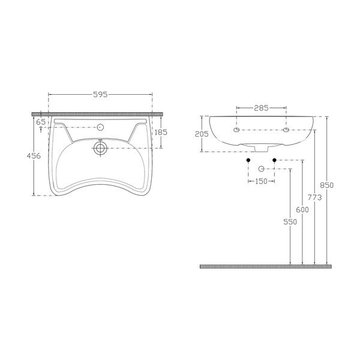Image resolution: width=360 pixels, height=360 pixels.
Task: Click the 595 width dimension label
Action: (x=100, y=95)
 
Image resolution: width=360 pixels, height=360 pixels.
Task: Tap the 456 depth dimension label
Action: (x=34, y=156)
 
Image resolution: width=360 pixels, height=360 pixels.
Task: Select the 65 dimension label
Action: (x=41, y=122)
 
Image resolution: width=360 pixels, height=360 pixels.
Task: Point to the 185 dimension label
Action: (x=161, y=133)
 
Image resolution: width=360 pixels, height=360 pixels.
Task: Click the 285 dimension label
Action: (x=261, y=108)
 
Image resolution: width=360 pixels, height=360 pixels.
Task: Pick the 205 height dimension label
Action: (x=202, y=134)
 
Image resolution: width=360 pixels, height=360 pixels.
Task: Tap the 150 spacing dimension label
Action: (x=261, y=181)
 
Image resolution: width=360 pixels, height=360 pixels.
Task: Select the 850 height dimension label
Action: (x=327, y=185)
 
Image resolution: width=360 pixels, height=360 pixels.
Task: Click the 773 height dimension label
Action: (x=315, y=197)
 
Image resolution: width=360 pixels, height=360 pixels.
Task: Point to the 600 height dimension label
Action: (x=302, y=209)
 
